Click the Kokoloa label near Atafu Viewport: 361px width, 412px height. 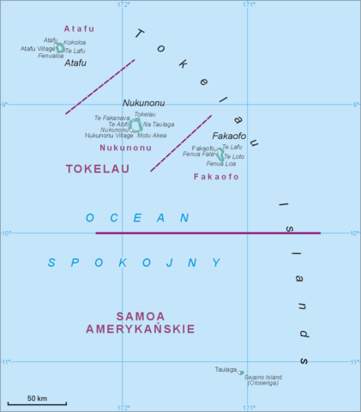[75, 42]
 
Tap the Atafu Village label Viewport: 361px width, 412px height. [39, 49]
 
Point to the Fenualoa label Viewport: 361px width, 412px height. [51, 56]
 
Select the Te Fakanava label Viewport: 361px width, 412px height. [111, 118]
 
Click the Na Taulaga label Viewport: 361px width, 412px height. [158, 124]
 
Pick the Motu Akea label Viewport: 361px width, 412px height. [152, 136]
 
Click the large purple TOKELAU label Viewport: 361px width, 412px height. [97, 169]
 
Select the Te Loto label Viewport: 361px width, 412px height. [234, 156]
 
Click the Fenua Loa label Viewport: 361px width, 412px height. [220, 163]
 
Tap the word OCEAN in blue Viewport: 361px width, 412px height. [136, 218]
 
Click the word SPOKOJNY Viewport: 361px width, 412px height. [134, 263]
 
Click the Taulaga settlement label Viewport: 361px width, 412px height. [226, 370]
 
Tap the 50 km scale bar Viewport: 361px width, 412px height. [36, 403]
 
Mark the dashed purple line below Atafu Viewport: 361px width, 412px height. [99, 87]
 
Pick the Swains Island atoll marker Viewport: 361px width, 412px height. [241, 373]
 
